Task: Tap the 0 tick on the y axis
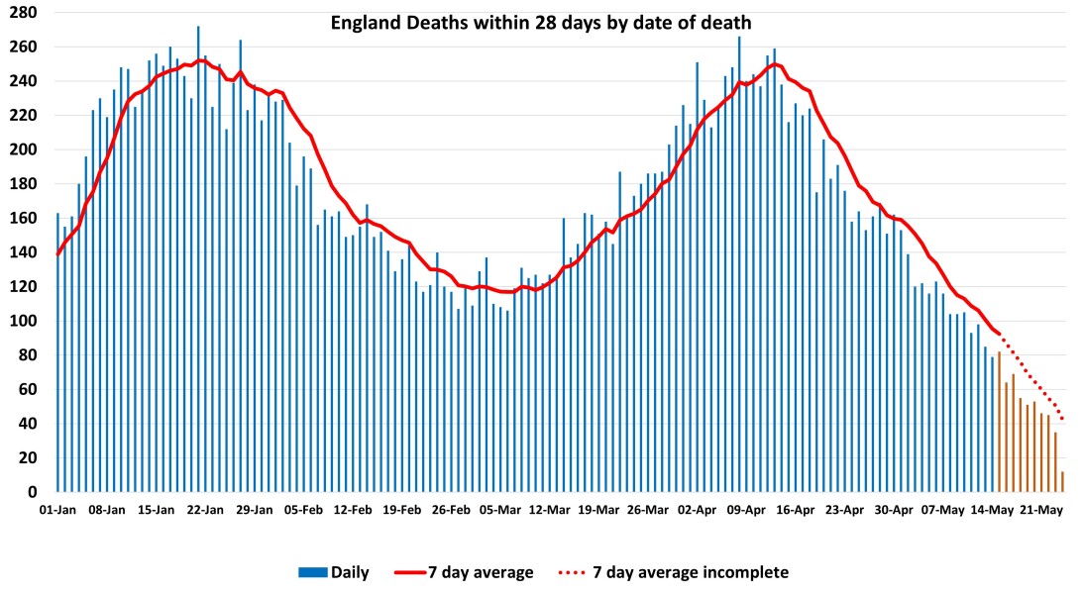33,492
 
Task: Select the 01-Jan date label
57,511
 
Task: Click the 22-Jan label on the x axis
205,511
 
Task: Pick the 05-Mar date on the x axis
500,511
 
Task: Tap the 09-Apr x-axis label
746,511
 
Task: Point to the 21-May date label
1041,511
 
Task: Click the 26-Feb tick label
451,511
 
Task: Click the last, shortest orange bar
1062,482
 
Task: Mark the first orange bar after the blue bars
1000,422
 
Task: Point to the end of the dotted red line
1062,419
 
